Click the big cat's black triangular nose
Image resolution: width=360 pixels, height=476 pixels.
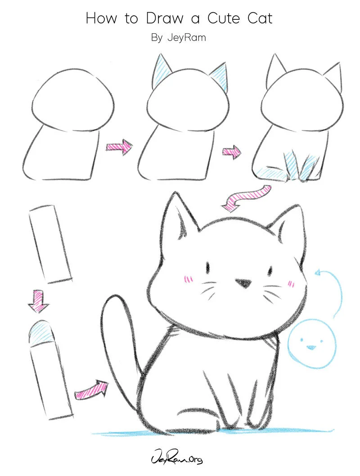[x=243, y=283]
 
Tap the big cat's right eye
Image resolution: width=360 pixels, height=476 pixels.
[x=271, y=270]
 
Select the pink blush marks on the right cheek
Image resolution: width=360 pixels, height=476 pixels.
[x=291, y=283]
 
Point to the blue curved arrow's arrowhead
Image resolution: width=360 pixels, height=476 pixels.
[x=318, y=273]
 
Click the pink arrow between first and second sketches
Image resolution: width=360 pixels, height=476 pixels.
[x=119, y=146]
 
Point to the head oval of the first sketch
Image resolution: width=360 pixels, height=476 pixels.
[x=73, y=99]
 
